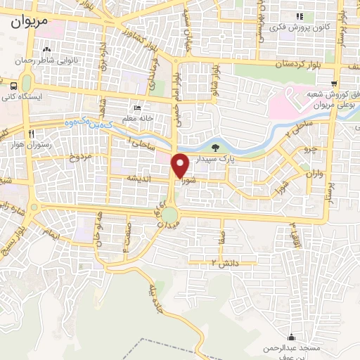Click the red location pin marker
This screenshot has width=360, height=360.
[x=180, y=165]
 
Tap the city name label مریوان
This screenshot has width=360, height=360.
[x=30, y=22]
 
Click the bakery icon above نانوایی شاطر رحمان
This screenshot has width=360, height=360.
[x=47, y=50]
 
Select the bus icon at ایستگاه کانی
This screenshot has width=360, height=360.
[x=15, y=84]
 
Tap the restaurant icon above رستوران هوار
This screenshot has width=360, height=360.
[x=31, y=134]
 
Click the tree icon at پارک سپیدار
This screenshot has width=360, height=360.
[x=214, y=148]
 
